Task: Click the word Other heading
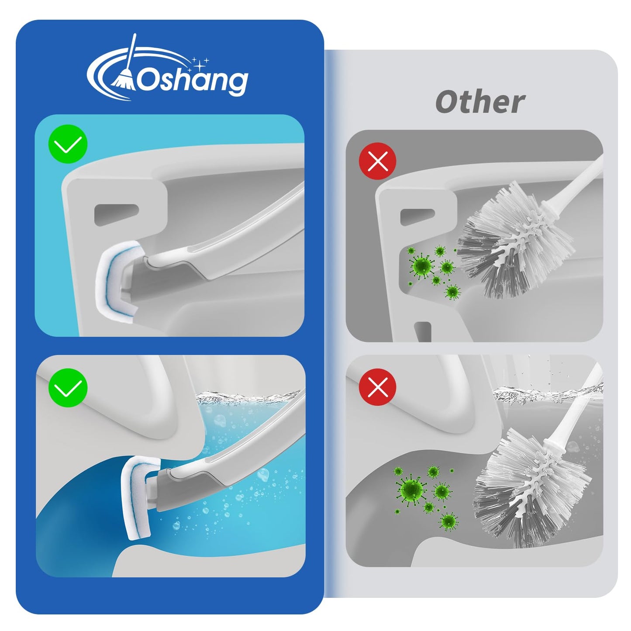(x=480, y=102)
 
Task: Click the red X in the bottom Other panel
(x=377, y=387)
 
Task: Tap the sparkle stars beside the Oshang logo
(x=201, y=63)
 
